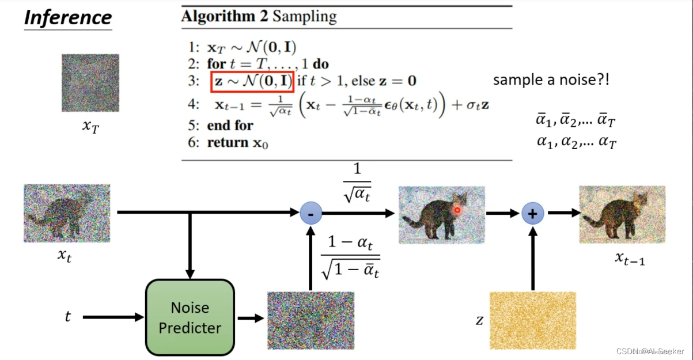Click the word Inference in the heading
(67, 17)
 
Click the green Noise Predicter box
(190, 317)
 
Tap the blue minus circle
(311, 213)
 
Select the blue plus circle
(533, 214)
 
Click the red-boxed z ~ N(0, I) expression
(253, 81)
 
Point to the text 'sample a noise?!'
(551, 81)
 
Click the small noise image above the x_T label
(90, 83)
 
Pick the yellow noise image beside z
(532, 320)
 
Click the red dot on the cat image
(457, 210)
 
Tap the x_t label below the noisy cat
(64, 255)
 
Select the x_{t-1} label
(630, 259)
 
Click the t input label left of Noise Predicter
(67, 316)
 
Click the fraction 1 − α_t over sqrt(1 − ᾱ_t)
(350, 256)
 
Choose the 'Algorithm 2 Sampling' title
(259, 17)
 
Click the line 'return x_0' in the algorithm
(237, 142)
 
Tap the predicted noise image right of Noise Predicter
(310, 320)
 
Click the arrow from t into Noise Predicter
(113, 317)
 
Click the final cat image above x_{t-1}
(622, 214)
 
